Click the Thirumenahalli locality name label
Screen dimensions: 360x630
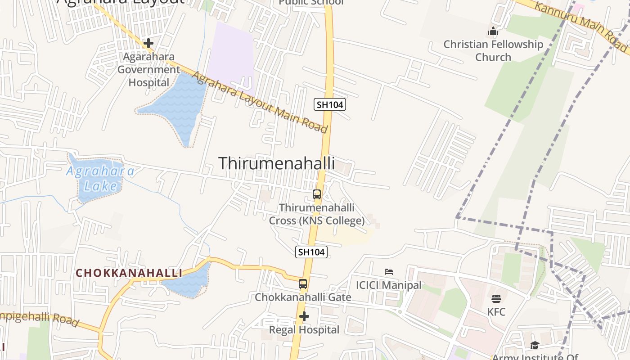[x=276, y=163]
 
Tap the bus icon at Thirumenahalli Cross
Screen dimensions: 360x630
[x=317, y=194]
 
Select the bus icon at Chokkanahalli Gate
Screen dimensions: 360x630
[x=303, y=284]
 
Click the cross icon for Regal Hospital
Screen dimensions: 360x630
[x=304, y=317]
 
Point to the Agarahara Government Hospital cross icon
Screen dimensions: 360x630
[x=148, y=43]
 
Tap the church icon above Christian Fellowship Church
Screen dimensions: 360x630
[x=493, y=31]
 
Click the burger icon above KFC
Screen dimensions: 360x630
[x=496, y=298]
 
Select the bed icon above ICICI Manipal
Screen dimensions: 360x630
[x=389, y=271]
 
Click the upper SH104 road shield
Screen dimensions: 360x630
[x=330, y=105]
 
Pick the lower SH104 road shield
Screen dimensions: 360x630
[x=311, y=252]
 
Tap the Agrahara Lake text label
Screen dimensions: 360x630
[x=100, y=178]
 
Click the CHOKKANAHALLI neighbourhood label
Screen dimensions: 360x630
[x=129, y=273]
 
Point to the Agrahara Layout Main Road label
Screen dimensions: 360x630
[x=260, y=102]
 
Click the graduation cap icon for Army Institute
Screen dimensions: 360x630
[x=535, y=345]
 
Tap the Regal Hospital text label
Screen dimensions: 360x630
[x=304, y=330]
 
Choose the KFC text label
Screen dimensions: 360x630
[x=496, y=312]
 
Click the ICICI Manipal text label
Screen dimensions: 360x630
[x=389, y=285]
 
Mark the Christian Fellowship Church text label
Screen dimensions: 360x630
[x=493, y=50]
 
